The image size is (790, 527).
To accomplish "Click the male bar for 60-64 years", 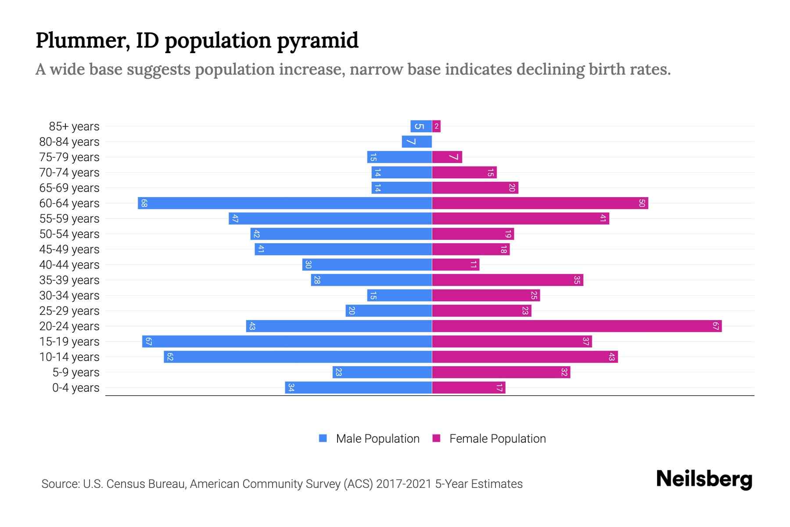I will (x=285, y=203).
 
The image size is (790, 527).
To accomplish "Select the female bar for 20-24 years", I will (x=577, y=326).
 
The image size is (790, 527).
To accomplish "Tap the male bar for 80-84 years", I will (x=417, y=141).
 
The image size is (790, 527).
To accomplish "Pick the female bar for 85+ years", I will (x=436, y=126).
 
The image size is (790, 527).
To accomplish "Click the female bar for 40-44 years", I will (x=456, y=264).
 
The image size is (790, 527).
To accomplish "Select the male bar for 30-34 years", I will (x=399, y=295).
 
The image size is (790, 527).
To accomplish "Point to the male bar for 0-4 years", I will (x=359, y=387).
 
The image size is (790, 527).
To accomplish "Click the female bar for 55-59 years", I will (x=521, y=218).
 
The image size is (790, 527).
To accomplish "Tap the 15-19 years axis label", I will (x=69, y=341).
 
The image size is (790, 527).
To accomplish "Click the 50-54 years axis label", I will (x=69, y=234).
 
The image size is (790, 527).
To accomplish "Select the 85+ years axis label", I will (x=74, y=126).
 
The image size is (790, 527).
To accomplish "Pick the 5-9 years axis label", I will (x=76, y=372).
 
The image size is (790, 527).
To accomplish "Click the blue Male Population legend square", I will (x=323, y=438).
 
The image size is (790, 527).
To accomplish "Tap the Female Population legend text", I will (x=497, y=438).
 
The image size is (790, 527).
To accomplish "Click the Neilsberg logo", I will (x=704, y=479).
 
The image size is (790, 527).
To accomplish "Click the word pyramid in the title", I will (x=318, y=40).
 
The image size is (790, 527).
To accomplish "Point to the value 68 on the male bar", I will (x=144, y=203).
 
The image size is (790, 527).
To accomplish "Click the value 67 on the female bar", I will (x=715, y=326).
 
